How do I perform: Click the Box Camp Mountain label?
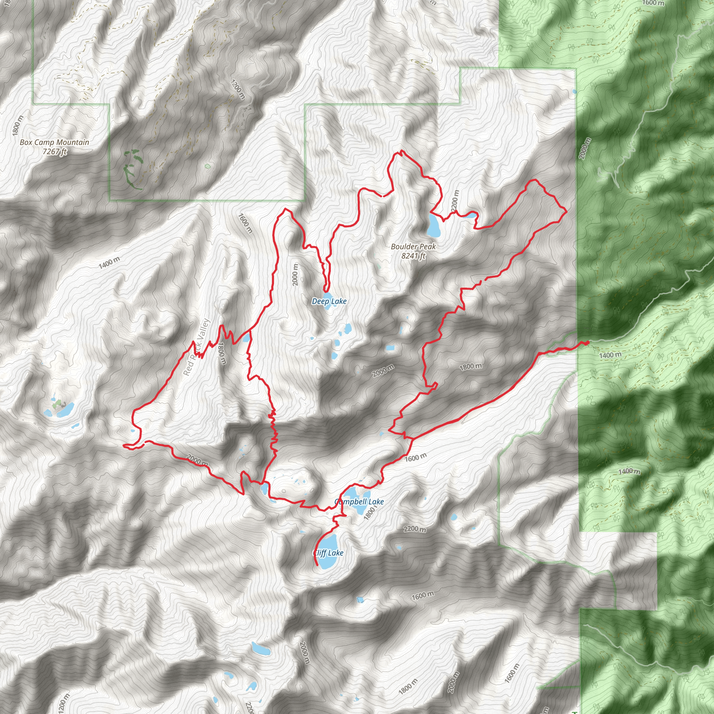pyautogui.click(x=54, y=142)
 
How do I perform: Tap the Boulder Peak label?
pyautogui.click(x=413, y=246)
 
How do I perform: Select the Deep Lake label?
pyautogui.click(x=329, y=301)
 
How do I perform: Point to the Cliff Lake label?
pyautogui.click(x=328, y=553)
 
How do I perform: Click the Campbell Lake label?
pyautogui.click(x=359, y=501)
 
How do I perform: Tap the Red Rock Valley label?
pyautogui.click(x=196, y=347)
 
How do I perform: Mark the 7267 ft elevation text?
pyautogui.click(x=54, y=152)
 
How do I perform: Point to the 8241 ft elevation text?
pyautogui.click(x=413, y=256)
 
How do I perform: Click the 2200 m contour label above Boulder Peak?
pyautogui.click(x=455, y=201)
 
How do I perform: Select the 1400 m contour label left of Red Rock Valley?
pyautogui.click(x=109, y=263)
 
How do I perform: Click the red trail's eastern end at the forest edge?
pyautogui.click(x=587, y=343)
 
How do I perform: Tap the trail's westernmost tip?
pyautogui.click(x=123, y=446)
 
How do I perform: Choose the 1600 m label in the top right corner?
pyautogui.click(x=653, y=3)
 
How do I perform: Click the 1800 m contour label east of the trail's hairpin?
pyautogui.click(x=470, y=367)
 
